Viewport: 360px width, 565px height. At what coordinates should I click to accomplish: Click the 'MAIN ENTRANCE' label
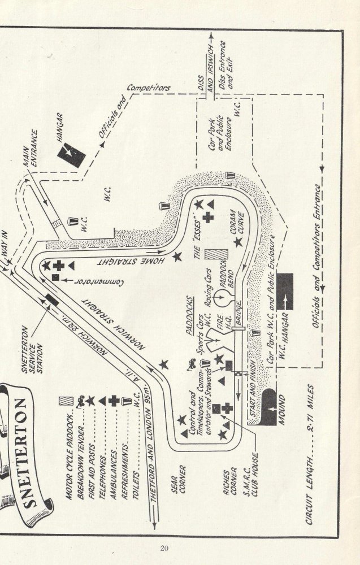click(31, 149)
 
